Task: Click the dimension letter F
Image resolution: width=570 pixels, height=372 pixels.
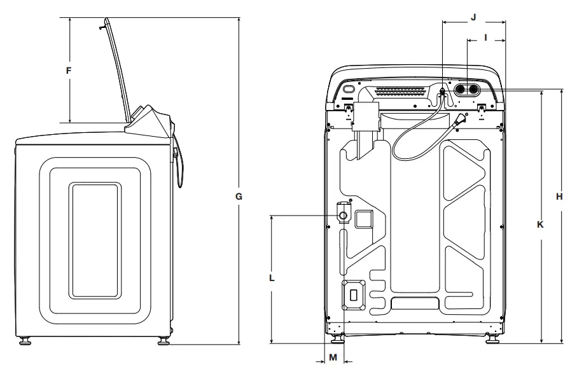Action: [68, 71]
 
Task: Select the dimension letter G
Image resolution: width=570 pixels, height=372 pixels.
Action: [239, 197]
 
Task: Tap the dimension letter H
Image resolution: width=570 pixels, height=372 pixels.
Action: [559, 197]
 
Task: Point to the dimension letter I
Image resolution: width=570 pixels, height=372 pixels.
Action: [485, 38]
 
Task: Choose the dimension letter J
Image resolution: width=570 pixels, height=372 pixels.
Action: [473, 18]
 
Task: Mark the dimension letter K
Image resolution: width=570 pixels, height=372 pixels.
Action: [540, 224]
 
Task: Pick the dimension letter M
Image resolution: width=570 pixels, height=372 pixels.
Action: [333, 358]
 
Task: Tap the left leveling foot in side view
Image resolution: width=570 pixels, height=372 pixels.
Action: [25, 340]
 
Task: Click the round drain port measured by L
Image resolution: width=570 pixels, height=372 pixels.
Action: [344, 216]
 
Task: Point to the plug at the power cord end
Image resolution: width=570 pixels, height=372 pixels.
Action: [459, 118]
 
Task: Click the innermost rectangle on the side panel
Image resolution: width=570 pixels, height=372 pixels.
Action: [94, 240]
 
